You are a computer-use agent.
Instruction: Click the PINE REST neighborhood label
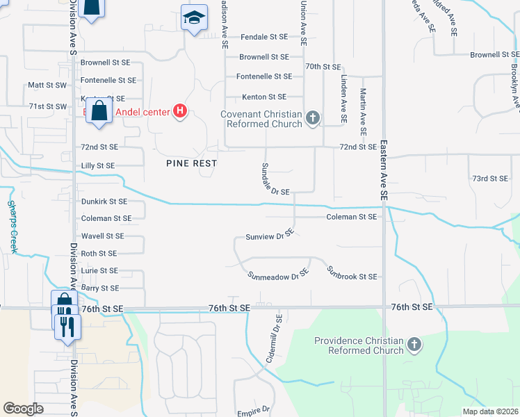(x=191, y=163)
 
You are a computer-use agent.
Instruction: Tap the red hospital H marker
(x=180, y=111)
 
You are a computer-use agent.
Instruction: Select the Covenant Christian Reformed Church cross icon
(x=313, y=118)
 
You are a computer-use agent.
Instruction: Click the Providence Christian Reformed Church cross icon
(x=414, y=345)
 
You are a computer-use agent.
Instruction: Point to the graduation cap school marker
(x=195, y=18)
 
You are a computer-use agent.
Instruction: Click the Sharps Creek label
(x=12, y=227)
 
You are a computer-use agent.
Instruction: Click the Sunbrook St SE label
(x=352, y=277)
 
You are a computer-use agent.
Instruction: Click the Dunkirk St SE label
(x=104, y=202)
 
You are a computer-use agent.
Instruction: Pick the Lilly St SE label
(x=98, y=165)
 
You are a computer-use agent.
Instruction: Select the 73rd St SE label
(x=490, y=179)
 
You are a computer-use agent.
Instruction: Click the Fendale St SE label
(x=263, y=38)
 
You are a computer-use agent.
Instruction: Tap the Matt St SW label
(x=47, y=85)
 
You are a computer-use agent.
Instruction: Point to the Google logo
(x=24, y=409)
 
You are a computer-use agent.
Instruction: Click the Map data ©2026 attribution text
(x=490, y=411)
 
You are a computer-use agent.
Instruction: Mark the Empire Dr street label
(x=252, y=411)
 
